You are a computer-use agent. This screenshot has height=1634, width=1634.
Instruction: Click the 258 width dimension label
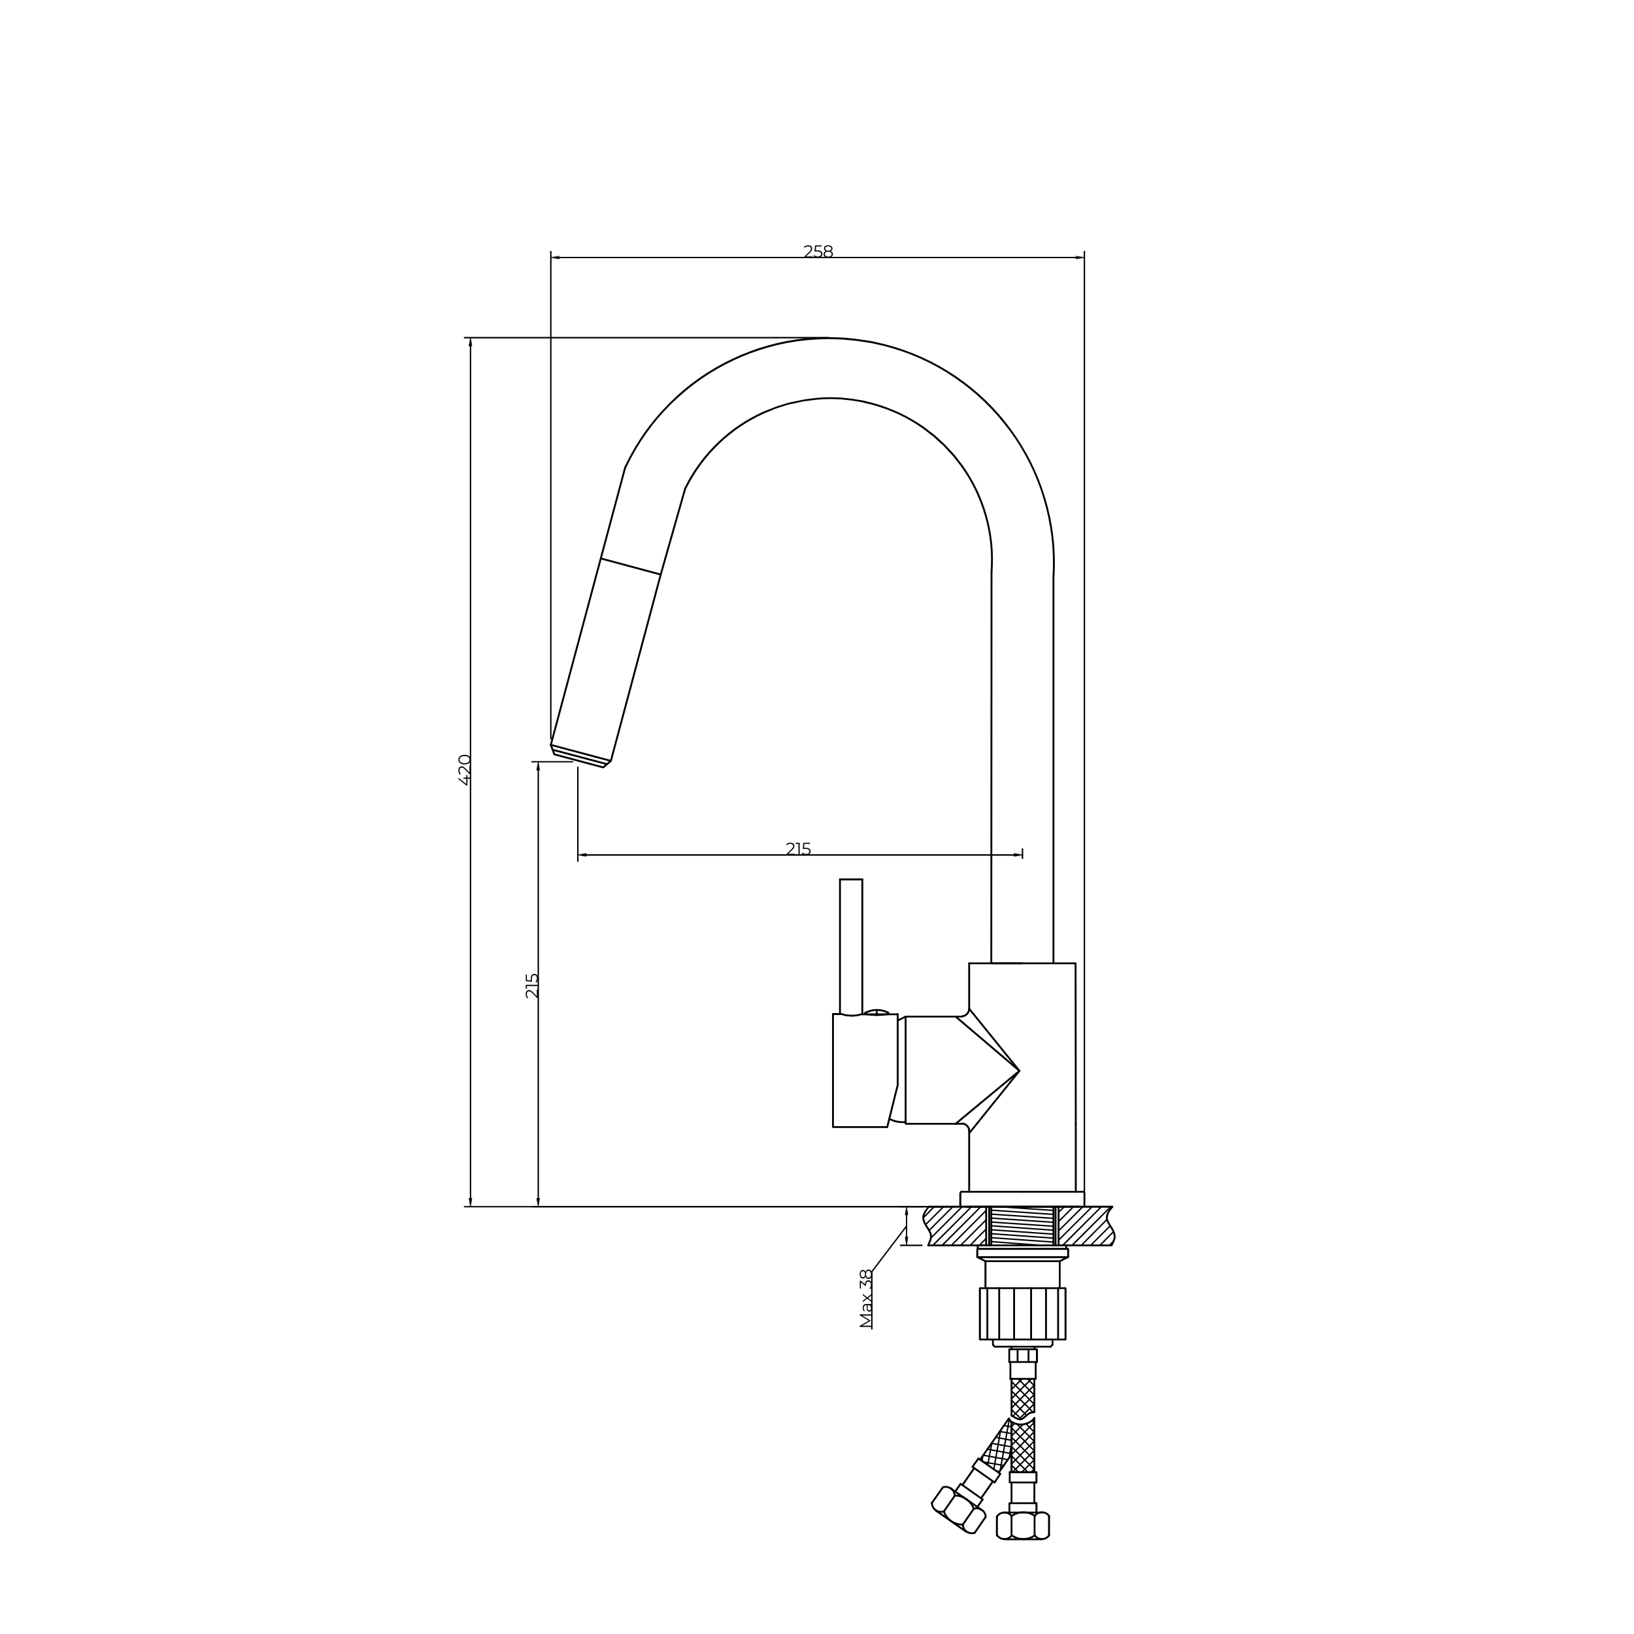818,252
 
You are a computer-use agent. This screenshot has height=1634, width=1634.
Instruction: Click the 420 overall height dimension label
464,770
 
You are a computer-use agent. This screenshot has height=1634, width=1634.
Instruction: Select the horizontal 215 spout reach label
799,849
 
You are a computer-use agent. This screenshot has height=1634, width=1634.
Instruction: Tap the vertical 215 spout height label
532,986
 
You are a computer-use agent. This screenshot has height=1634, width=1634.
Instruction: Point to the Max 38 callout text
866,1298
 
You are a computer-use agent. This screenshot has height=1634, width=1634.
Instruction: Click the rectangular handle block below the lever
864,1070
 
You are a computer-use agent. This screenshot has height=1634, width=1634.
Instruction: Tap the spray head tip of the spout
580,756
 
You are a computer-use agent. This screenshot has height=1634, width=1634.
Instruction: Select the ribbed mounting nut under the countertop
1022,1314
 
